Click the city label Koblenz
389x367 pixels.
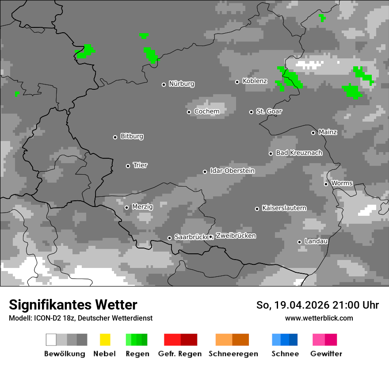(255, 81)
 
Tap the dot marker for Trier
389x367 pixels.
(128, 166)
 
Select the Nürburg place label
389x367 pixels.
(181, 84)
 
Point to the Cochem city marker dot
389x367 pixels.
(189, 112)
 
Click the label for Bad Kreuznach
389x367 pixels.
(299, 153)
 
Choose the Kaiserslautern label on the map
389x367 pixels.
(284, 208)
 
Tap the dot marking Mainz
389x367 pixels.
(313, 133)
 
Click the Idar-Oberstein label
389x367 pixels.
(232, 171)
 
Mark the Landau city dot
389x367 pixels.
(299, 242)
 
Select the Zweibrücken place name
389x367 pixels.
(236, 236)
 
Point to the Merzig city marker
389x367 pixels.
(126, 207)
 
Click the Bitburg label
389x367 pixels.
(132, 136)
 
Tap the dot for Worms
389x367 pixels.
(326, 184)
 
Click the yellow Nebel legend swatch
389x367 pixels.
(105, 340)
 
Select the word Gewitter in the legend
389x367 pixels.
(326, 354)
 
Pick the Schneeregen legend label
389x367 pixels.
(233, 354)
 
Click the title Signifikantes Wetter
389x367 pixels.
(73, 305)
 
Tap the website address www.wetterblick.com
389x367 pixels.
(319, 318)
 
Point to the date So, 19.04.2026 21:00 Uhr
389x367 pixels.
(317, 305)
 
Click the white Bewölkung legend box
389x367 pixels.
(51, 340)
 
